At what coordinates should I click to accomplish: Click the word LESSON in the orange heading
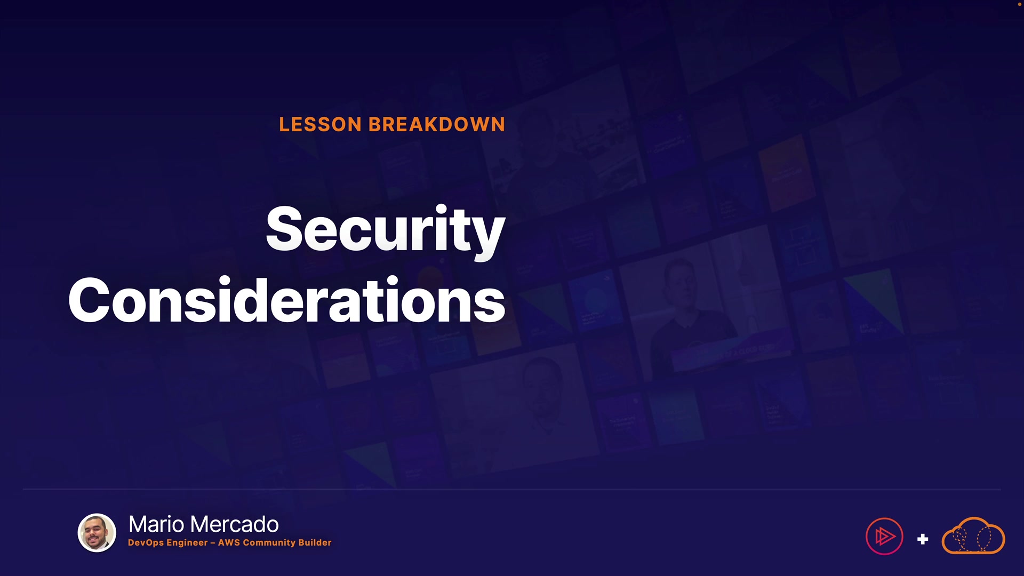(x=320, y=125)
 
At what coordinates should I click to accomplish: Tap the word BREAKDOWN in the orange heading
(x=436, y=125)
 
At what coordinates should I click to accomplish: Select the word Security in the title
(x=385, y=230)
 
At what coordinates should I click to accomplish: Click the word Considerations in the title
(x=287, y=300)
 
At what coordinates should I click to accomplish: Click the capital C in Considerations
(x=89, y=300)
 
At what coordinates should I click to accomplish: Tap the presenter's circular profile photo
(x=97, y=533)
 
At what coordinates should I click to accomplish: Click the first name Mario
(x=157, y=524)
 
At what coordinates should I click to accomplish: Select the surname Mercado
(x=235, y=524)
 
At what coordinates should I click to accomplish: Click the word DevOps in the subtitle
(x=146, y=543)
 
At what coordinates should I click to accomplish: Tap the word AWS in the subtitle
(x=229, y=542)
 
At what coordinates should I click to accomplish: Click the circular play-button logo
(x=884, y=537)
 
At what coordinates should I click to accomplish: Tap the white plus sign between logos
(x=923, y=539)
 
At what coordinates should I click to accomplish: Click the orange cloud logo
(x=973, y=535)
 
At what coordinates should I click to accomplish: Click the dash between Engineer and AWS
(x=213, y=543)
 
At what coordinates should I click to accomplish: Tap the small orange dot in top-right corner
(x=1020, y=4)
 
